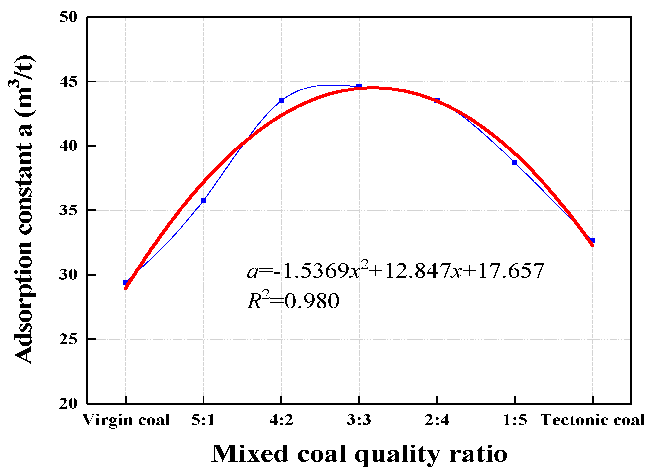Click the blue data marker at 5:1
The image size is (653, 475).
203,200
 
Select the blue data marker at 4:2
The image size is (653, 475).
281,101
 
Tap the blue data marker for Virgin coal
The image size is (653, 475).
125,282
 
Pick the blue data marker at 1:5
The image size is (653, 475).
515,162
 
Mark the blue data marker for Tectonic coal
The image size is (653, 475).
593,241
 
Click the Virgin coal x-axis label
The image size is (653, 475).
126,420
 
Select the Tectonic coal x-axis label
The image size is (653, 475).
593,420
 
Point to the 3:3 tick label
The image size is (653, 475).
359,420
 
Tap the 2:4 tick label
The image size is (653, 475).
437,420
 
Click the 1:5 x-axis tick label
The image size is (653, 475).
515,420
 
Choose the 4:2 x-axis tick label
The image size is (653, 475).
281,420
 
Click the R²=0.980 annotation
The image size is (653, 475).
293,300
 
